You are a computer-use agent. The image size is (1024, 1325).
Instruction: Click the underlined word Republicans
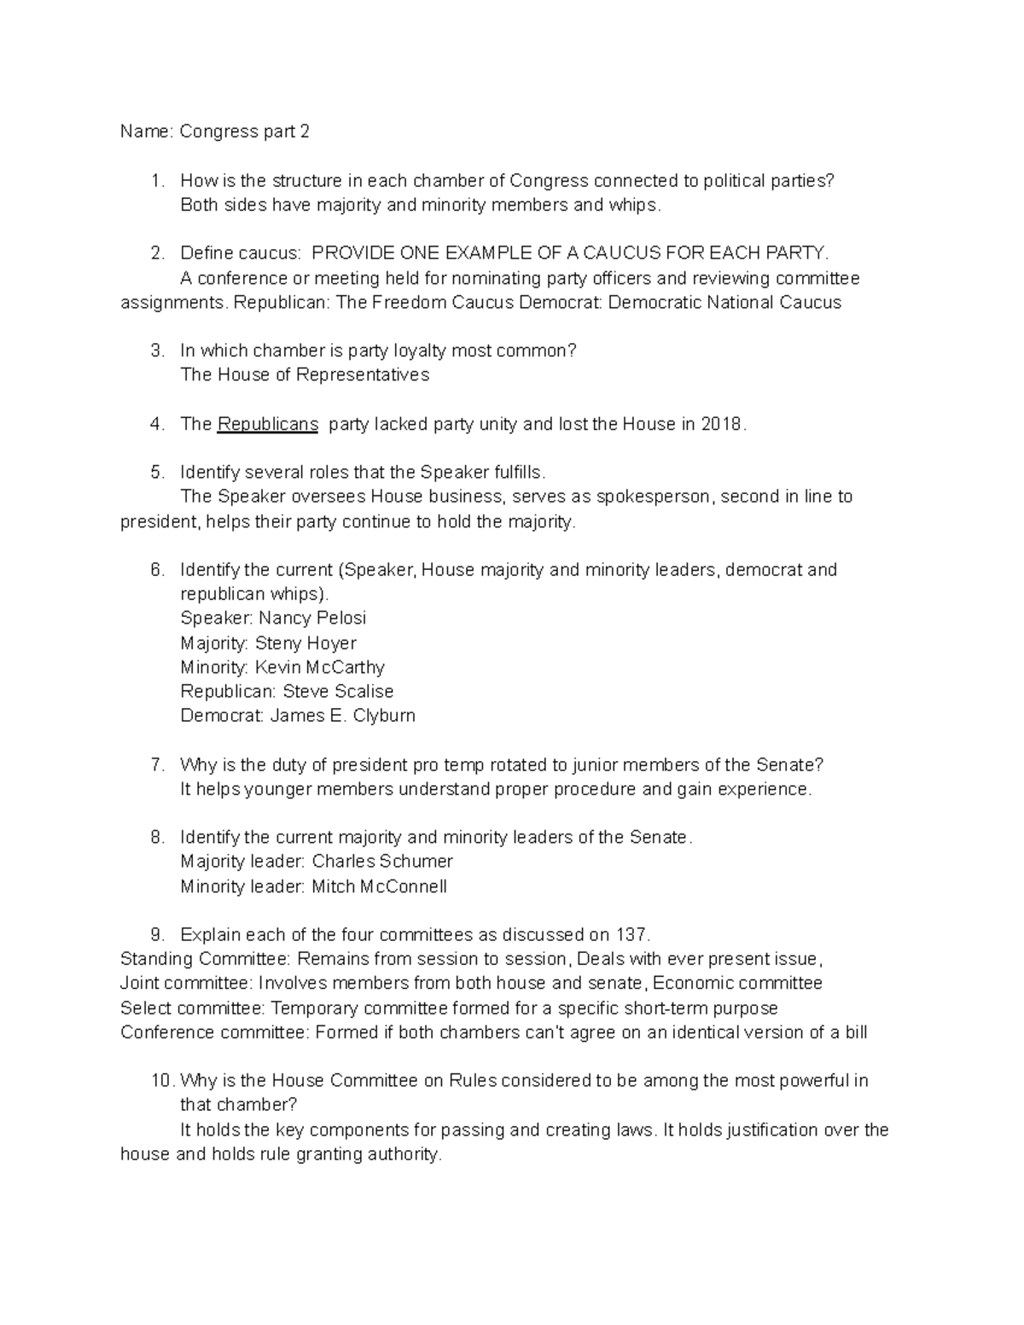click(x=268, y=424)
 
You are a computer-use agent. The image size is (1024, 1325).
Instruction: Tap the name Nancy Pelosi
click(x=312, y=618)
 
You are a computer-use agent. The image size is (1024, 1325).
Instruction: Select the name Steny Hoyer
click(x=305, y=643)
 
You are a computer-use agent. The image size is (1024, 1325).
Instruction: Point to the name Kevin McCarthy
click(x=320, y=667)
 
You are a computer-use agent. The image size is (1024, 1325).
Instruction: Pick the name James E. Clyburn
click(x=342, y=716)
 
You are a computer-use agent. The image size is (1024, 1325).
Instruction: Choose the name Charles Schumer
click(x=382, y=862)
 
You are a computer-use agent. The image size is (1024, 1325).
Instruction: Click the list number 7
click(x=157, y=764)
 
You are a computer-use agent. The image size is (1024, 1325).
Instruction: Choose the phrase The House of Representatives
click(x=305, y=375)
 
